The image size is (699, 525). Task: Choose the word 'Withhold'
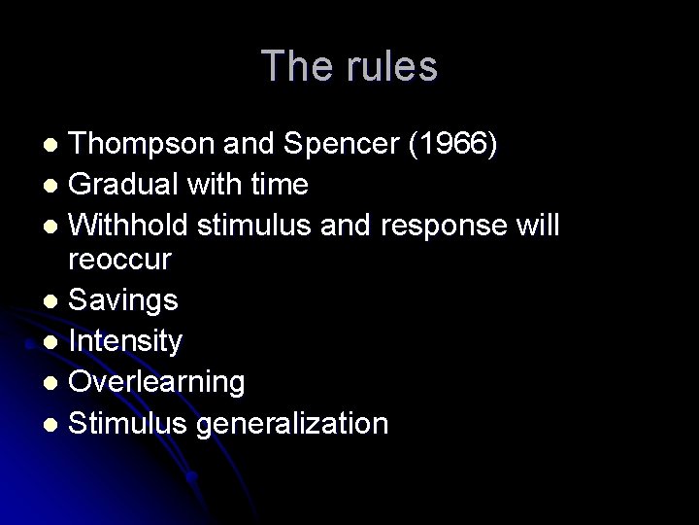point(130,225)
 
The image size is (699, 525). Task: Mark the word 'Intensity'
point(127,341)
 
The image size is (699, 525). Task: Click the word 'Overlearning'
point(158,382)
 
